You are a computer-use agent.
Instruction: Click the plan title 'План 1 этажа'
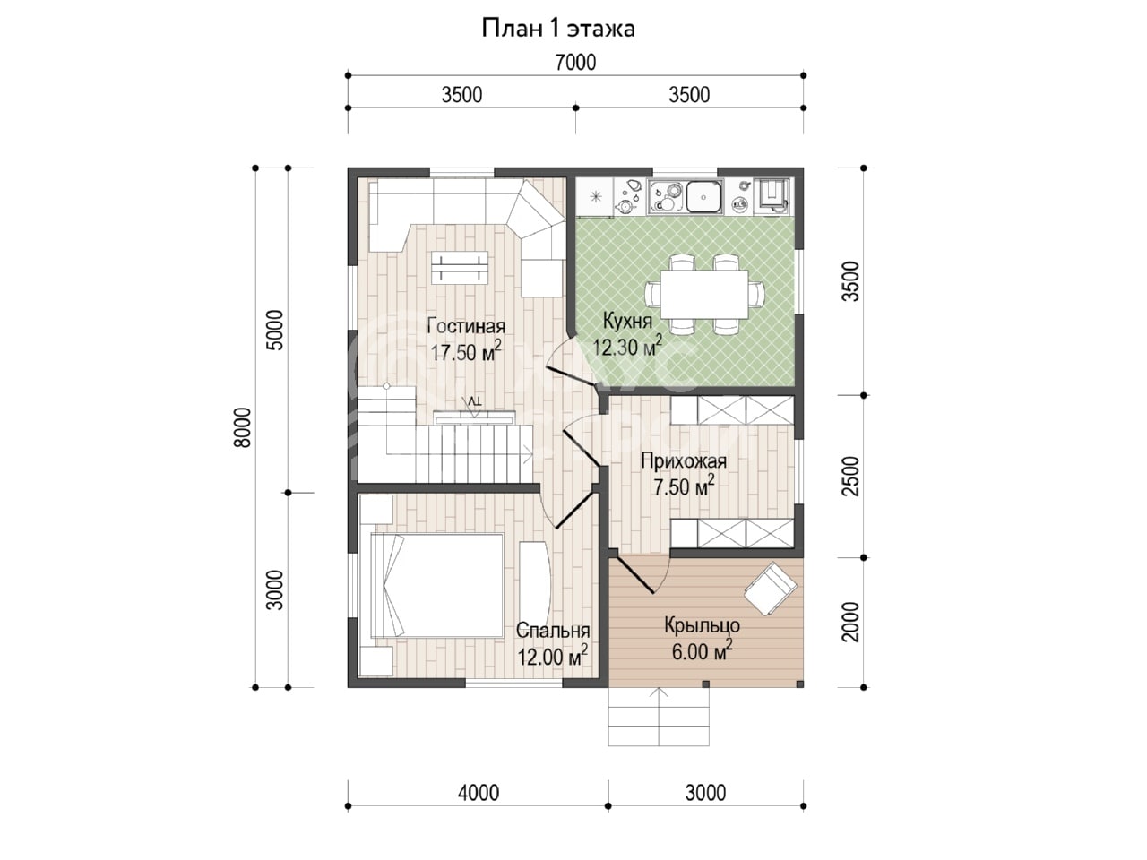pos(557,29)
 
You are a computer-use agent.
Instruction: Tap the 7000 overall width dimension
pos(575,63)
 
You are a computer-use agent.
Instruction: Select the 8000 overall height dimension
pos(243,427)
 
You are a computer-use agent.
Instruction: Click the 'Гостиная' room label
pos(466,326)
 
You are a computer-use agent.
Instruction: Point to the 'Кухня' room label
pos(627,321)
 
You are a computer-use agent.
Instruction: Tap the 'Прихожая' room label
pos(684,461)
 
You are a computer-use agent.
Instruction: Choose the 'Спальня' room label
pos(553,631)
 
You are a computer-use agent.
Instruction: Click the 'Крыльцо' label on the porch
pos(702,625)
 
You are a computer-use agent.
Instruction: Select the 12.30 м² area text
pos(627,345)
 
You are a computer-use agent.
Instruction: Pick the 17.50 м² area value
pos(466,351)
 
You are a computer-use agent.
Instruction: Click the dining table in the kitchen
pos(703,294)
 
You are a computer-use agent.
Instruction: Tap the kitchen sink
pos(703,197)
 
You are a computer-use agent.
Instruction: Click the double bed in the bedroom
pos(437,585)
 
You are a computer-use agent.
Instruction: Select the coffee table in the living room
pos(460,268)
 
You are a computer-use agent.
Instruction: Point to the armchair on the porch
pos(771,589)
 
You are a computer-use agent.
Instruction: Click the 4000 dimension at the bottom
pos(479,793)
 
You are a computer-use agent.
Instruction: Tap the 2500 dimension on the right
pos(850,477)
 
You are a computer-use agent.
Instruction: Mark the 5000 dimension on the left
pos(275,330)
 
